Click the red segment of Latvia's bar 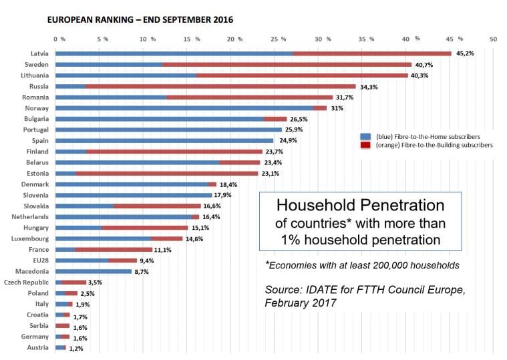point(371,53)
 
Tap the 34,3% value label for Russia point(369,87)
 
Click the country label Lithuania point(29,75)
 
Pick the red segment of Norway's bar point(320,108)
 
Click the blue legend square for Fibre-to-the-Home point(364,136)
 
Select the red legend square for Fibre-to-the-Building point(364,144)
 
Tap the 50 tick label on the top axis point(494,39)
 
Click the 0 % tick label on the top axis point(59,39)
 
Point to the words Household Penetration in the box point(360,205)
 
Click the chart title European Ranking point(140,19)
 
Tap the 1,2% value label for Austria point(77,348)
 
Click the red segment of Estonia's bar point(167,173)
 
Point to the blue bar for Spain point(164,141)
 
